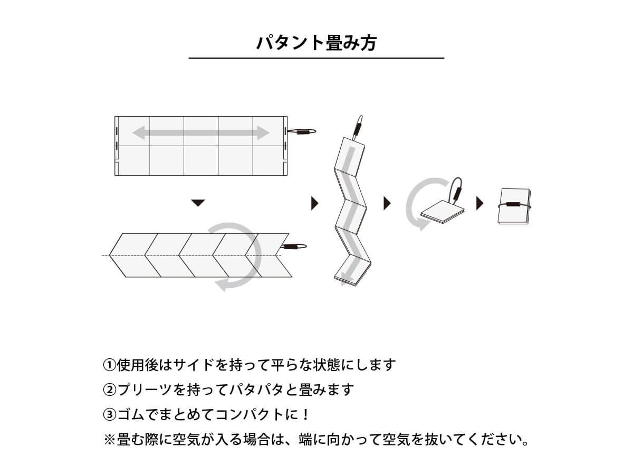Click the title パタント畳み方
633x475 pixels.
click(x=316, y=43)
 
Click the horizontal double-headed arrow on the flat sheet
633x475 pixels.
click(x=200, y=133)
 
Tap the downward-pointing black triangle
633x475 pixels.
click(x=198, y=203)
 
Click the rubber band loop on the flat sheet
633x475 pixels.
click(x=303, y=132)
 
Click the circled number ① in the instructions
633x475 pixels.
click(x=109, y=365)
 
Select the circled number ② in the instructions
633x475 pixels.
click(x=109, y=390)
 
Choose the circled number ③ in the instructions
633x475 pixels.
click(x=109, y=415)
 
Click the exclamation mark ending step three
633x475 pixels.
click(x=304, y=415)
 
